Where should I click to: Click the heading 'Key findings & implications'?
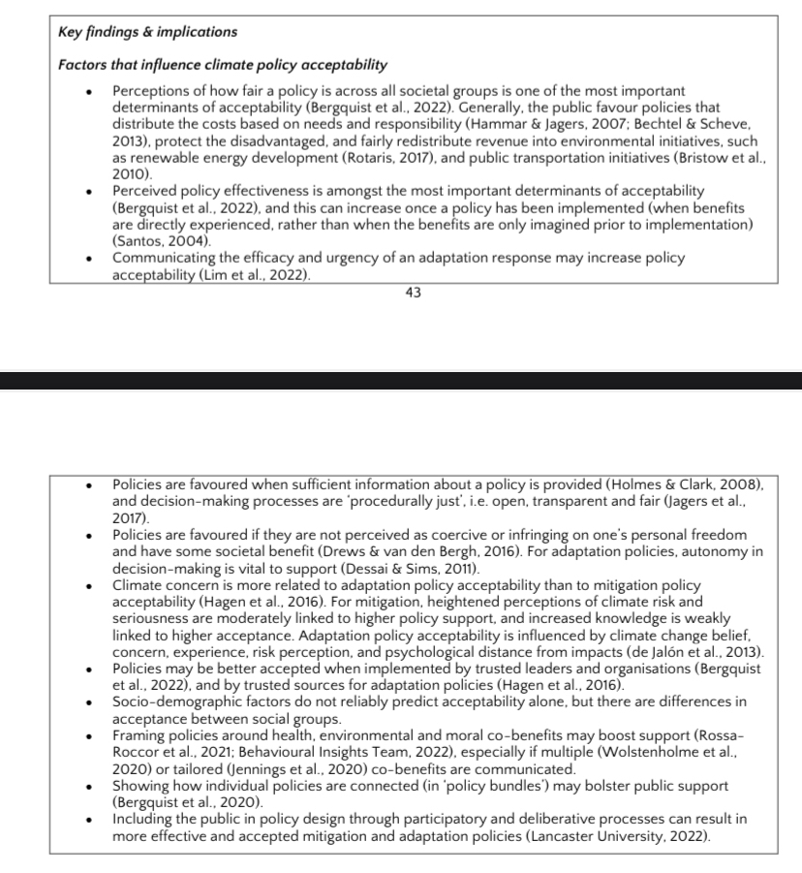147,32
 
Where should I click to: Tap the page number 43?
414,293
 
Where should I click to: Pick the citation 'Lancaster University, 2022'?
618,835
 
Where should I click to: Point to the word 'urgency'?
320,258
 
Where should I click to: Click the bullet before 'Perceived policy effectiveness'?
88,191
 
